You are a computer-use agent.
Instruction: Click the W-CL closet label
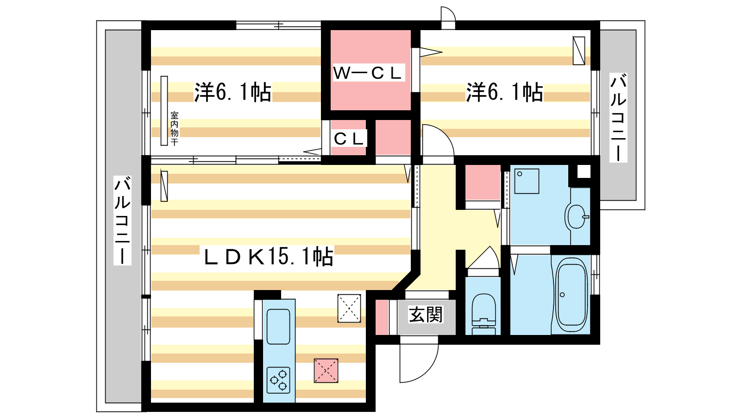[x=368, y=73]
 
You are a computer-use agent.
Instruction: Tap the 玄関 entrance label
[x=426, y=315]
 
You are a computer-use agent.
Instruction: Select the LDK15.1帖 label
[x=268, y=257]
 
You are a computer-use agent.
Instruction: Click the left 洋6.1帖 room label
[x=232, y=92]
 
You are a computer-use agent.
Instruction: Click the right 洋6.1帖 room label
[x=504, y=92]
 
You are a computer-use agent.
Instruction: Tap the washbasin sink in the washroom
[x=577, y=216]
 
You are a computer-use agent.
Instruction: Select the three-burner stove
[x=278, y=380]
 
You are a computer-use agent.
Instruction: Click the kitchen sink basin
[x=278, y=327]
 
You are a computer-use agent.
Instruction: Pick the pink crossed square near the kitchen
[x=326, y=371]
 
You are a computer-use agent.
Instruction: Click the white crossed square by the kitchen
[x=349, y=309]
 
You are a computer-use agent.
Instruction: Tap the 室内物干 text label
[x=174, y=128]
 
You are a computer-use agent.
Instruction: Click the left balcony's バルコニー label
[x=122, y=221]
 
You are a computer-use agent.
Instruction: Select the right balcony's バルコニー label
[x=618, y=118]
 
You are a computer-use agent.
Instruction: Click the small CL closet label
[x=348, y=139]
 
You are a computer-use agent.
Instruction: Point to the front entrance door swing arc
[x=430, y=370]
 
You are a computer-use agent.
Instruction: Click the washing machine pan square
[x=527, y=181]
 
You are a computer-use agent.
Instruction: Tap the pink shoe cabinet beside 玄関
[x=382, y=317]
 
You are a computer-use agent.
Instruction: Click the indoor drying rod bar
[x=164, y=111]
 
